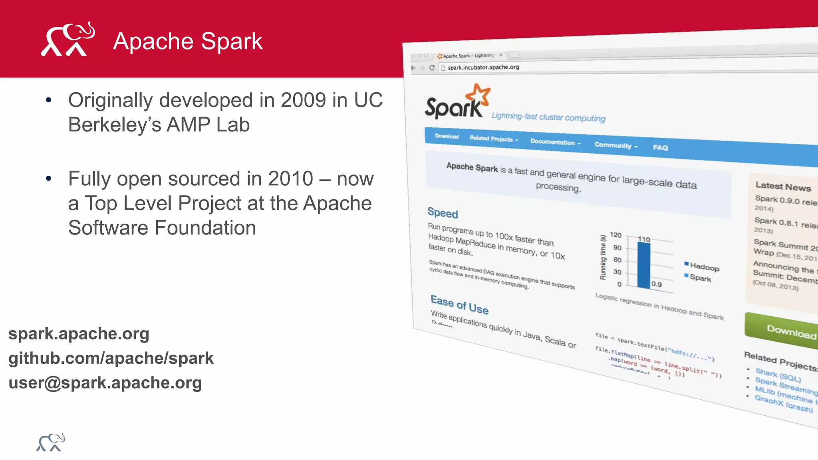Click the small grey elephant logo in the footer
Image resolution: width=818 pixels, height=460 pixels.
tap(51, 442)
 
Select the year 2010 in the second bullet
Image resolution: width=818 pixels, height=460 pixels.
tap(290, 178)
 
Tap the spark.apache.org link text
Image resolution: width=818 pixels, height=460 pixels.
tap(79, 333)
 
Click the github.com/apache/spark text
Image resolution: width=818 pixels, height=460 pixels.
tap(111, 358)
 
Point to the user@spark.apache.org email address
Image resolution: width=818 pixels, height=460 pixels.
tap(105, 383)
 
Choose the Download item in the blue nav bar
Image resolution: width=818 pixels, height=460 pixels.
tap(447, 136)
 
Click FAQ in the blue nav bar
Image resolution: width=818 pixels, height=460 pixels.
tap(660, 147)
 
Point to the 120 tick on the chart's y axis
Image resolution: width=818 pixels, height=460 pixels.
tap(615, 235)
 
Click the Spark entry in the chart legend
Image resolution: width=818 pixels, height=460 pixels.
tap(700, 278)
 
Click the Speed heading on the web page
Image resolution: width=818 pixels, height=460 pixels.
tap(443, 213)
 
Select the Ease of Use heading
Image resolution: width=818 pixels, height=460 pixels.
tap(459, 305)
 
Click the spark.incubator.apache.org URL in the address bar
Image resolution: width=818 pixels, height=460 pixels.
tap(483, 67)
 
